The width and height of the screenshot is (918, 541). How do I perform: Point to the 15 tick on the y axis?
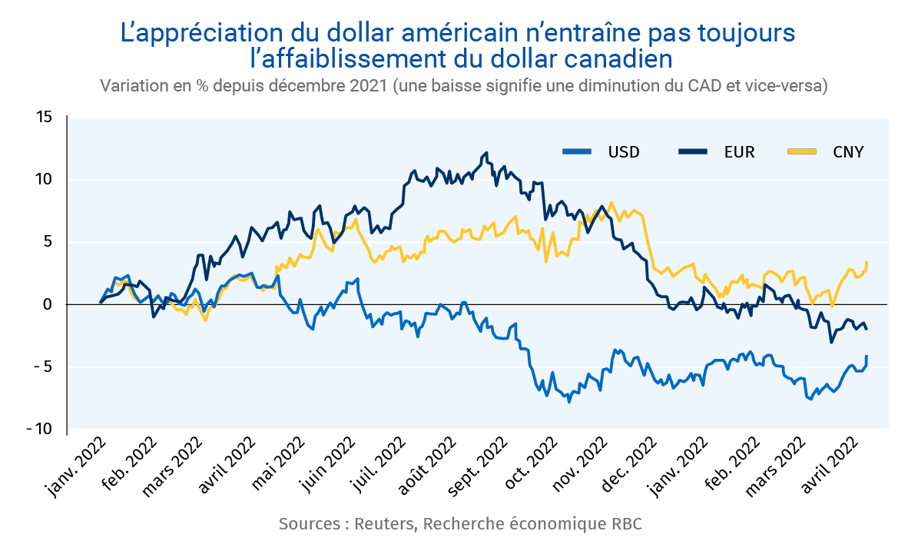(43, 118)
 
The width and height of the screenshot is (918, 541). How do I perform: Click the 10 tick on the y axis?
(43, 180)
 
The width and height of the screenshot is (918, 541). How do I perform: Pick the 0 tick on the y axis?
(47, 304)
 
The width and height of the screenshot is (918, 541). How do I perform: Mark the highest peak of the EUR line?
(486, 153)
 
